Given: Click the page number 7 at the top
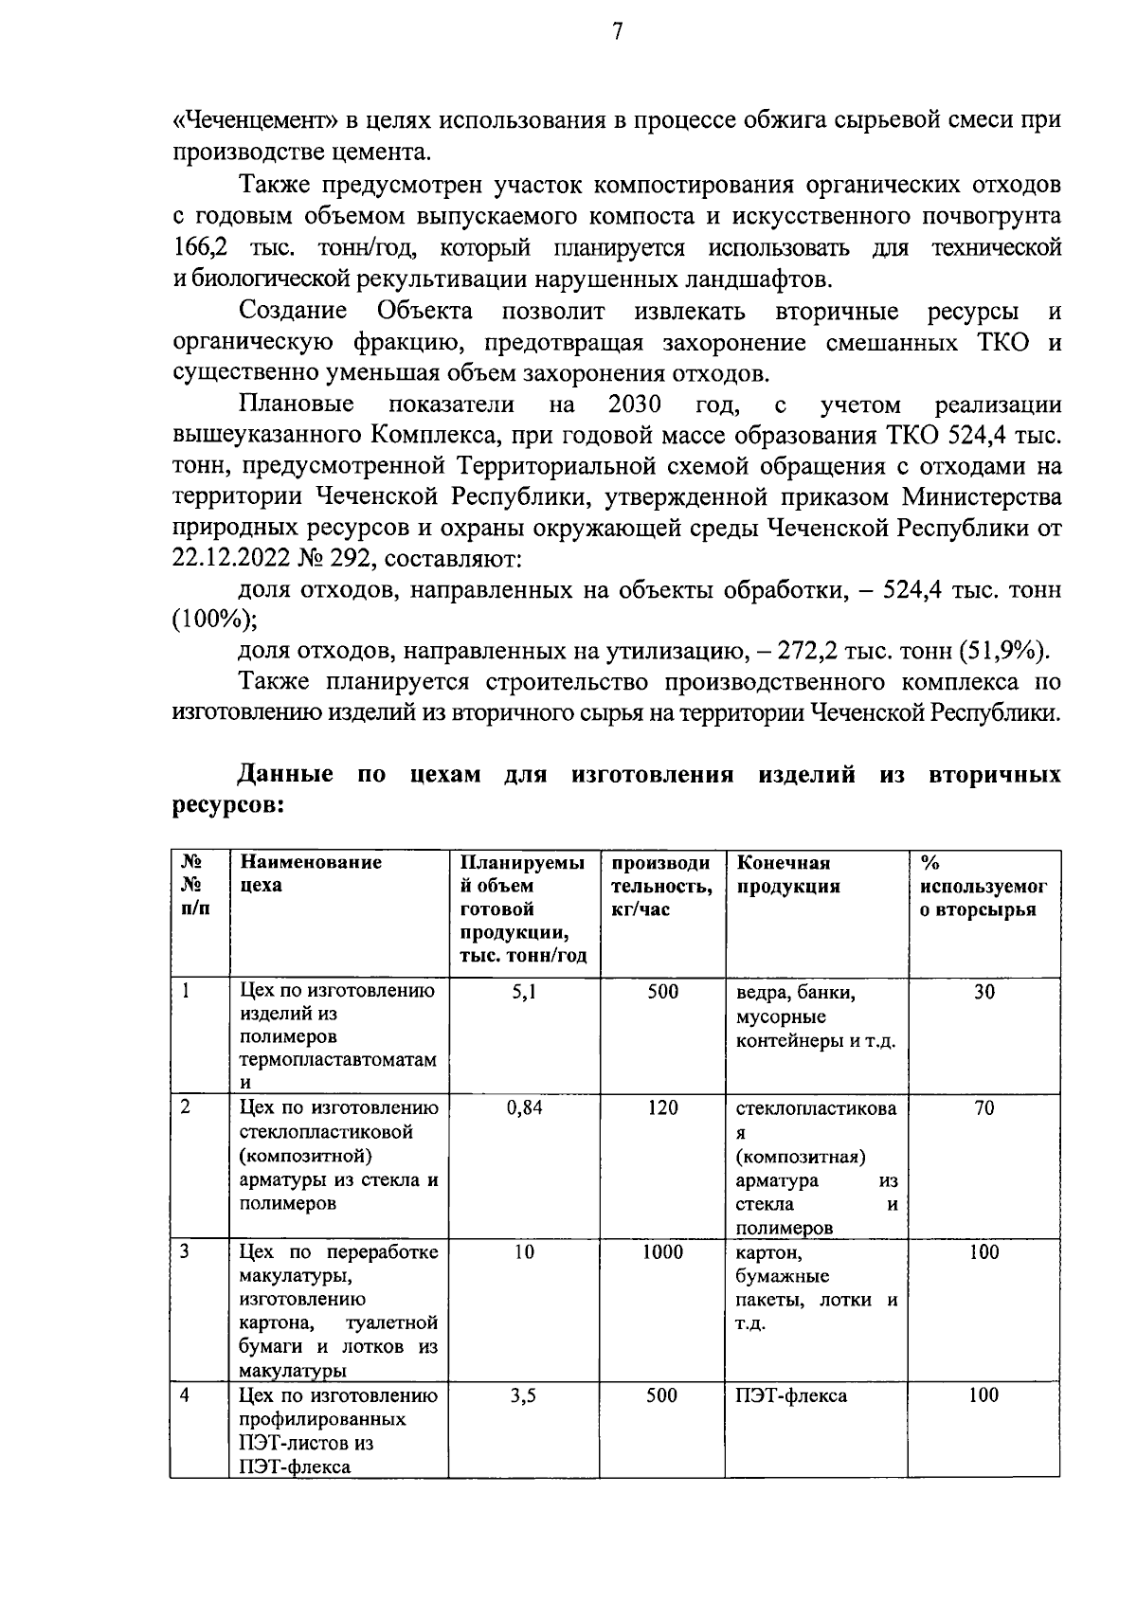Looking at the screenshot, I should (618, 33).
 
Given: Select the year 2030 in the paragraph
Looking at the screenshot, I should (635, 405).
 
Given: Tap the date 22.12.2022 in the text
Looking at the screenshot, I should (227, 559).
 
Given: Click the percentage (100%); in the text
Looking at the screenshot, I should (214, 621).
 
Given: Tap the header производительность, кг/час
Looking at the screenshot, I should (660, 886).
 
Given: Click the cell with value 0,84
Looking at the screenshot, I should (524, 1107).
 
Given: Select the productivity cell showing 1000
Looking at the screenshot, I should (662, 1252).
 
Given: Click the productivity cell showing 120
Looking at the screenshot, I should (662, 1107).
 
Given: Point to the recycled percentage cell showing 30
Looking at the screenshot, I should (984, 992).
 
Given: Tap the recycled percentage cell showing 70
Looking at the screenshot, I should (984, 1107).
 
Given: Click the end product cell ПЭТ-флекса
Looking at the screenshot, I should (791, 1395).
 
